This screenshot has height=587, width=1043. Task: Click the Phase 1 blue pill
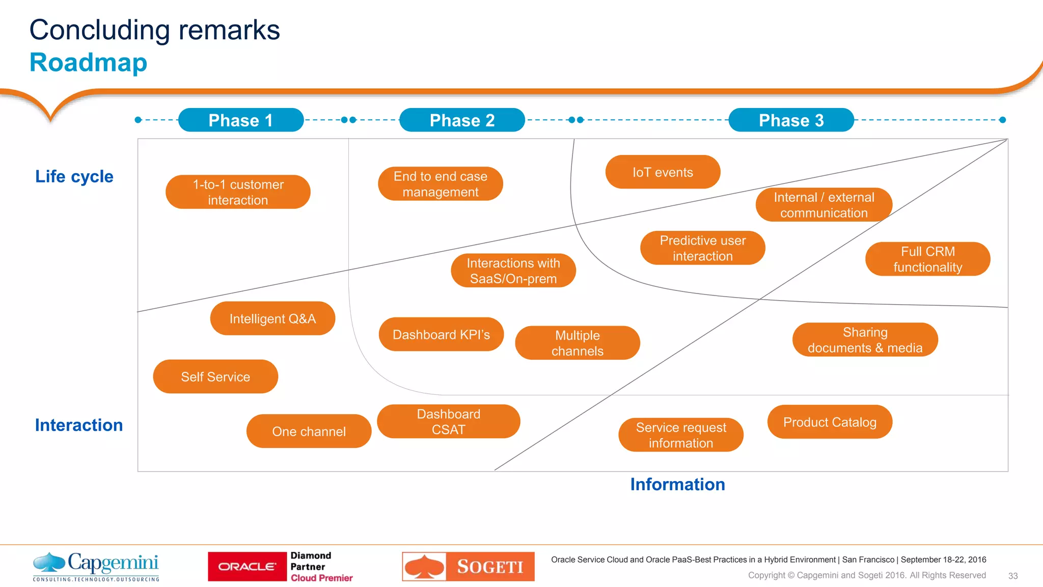(241, 120)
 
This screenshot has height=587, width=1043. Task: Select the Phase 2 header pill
(462, 120)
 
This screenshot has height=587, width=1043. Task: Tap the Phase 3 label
(791, 120)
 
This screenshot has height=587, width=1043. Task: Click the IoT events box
(663, 172)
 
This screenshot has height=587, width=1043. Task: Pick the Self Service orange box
(215, 377)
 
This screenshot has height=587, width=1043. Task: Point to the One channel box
(309, 431)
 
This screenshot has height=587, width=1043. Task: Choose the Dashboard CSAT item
(448, 421)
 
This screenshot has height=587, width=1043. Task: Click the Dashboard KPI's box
(441, 334)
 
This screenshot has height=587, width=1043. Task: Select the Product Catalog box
(830, 422)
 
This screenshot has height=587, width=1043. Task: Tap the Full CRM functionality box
(927, 259)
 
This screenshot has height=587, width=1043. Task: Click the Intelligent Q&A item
(272, 318)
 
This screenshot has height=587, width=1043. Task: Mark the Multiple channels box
(577, 343)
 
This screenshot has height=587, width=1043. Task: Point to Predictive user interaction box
(702, 248)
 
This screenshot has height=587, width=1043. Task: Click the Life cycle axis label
(74, 176)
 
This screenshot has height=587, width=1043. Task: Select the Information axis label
(677, 484)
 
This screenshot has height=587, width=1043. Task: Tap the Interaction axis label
(79, 425)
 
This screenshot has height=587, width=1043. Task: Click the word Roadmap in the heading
(88, 63)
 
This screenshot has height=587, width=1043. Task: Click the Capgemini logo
(96, 566)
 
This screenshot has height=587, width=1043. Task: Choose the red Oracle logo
(248, 567)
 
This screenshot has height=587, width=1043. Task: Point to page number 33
(1012, 576)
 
